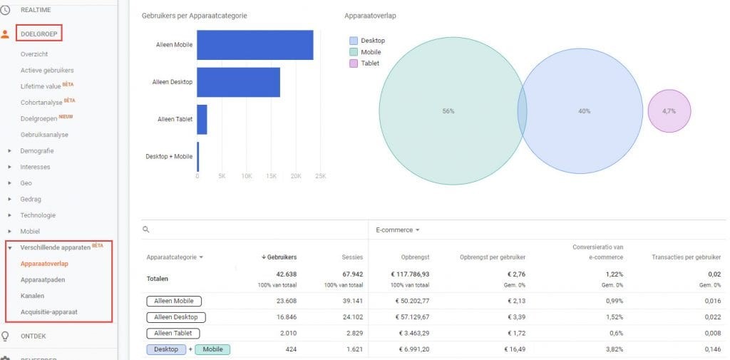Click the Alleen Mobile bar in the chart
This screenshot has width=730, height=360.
click(x=255, y=45)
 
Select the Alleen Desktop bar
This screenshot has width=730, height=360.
click(x=238, y=82)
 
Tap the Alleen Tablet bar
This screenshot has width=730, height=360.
click(x=202, y=119)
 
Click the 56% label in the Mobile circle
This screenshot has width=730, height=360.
click(x=448, y=111)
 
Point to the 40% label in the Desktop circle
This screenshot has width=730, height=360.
click(x=584, y=111)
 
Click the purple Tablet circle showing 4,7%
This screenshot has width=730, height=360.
click(x=669, y=111)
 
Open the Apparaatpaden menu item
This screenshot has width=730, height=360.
click(x=44, y=279)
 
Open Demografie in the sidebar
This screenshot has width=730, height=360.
click(x=37, y=150)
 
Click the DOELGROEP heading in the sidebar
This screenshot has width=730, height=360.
click(x=39, y=33)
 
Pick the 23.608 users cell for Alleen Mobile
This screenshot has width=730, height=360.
click(x=286, y=301)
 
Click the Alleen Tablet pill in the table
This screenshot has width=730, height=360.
click(x=173, y=333)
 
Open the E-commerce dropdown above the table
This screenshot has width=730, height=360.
click(x=398, y=230)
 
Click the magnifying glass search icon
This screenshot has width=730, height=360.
click(x=146, y=230)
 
